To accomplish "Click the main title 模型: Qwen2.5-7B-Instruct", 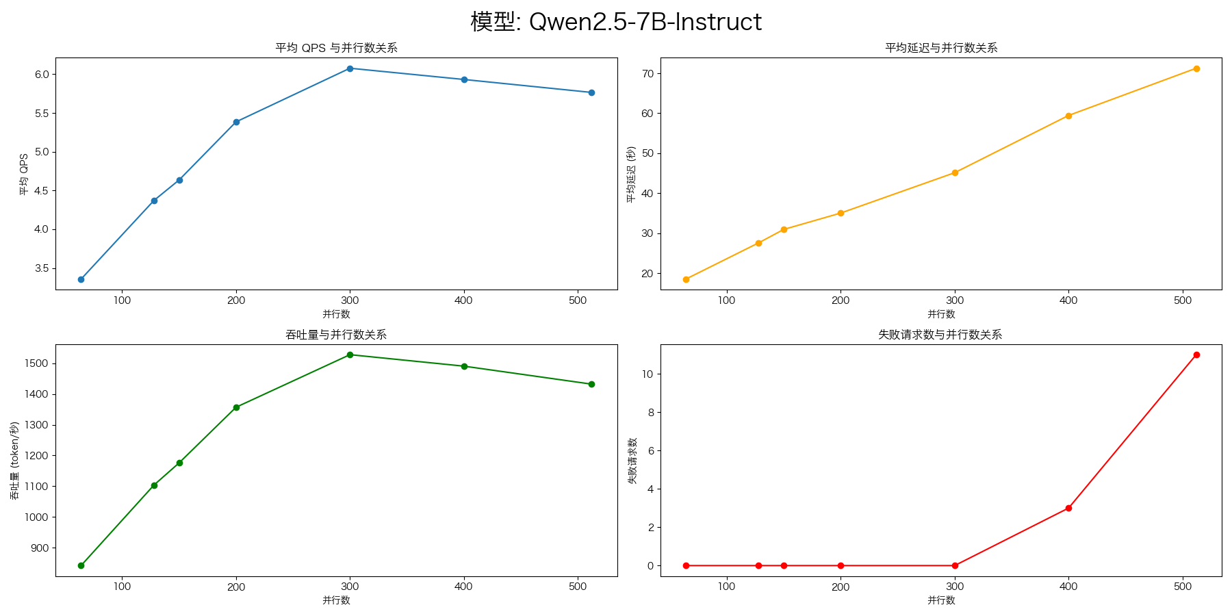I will click(x=616, y=22).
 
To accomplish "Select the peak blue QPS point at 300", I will click(x=350, y=68).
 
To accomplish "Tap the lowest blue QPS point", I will click(x=81, y=279).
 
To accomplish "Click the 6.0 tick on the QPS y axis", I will click(x=41, y=74).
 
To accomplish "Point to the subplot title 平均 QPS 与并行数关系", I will click(x=336, y=48).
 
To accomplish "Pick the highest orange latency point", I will click(x=1196, y=68).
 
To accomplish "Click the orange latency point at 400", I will click(x=1068, y=116).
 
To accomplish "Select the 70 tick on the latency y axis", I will click(x=647, y=73).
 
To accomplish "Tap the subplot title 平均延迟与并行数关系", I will click(x=941, y=48).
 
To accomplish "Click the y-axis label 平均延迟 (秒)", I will click(x=631, y=174).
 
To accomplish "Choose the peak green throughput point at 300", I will click(x=350, y=355).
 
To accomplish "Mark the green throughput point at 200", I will click(x=236, y=407).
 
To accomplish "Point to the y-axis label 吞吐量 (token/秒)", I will click(x=14, y=461).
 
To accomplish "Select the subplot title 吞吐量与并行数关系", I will click(x=336, y=335).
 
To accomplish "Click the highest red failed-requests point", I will click(x=1196, y=355).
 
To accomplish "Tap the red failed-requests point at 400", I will click(x=1068, y=508).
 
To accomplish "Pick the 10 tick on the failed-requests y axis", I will click(x=647, y=374).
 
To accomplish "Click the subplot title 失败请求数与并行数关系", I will click(x=941, y=335).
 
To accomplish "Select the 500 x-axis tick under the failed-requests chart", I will click(x=1183, y=587).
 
